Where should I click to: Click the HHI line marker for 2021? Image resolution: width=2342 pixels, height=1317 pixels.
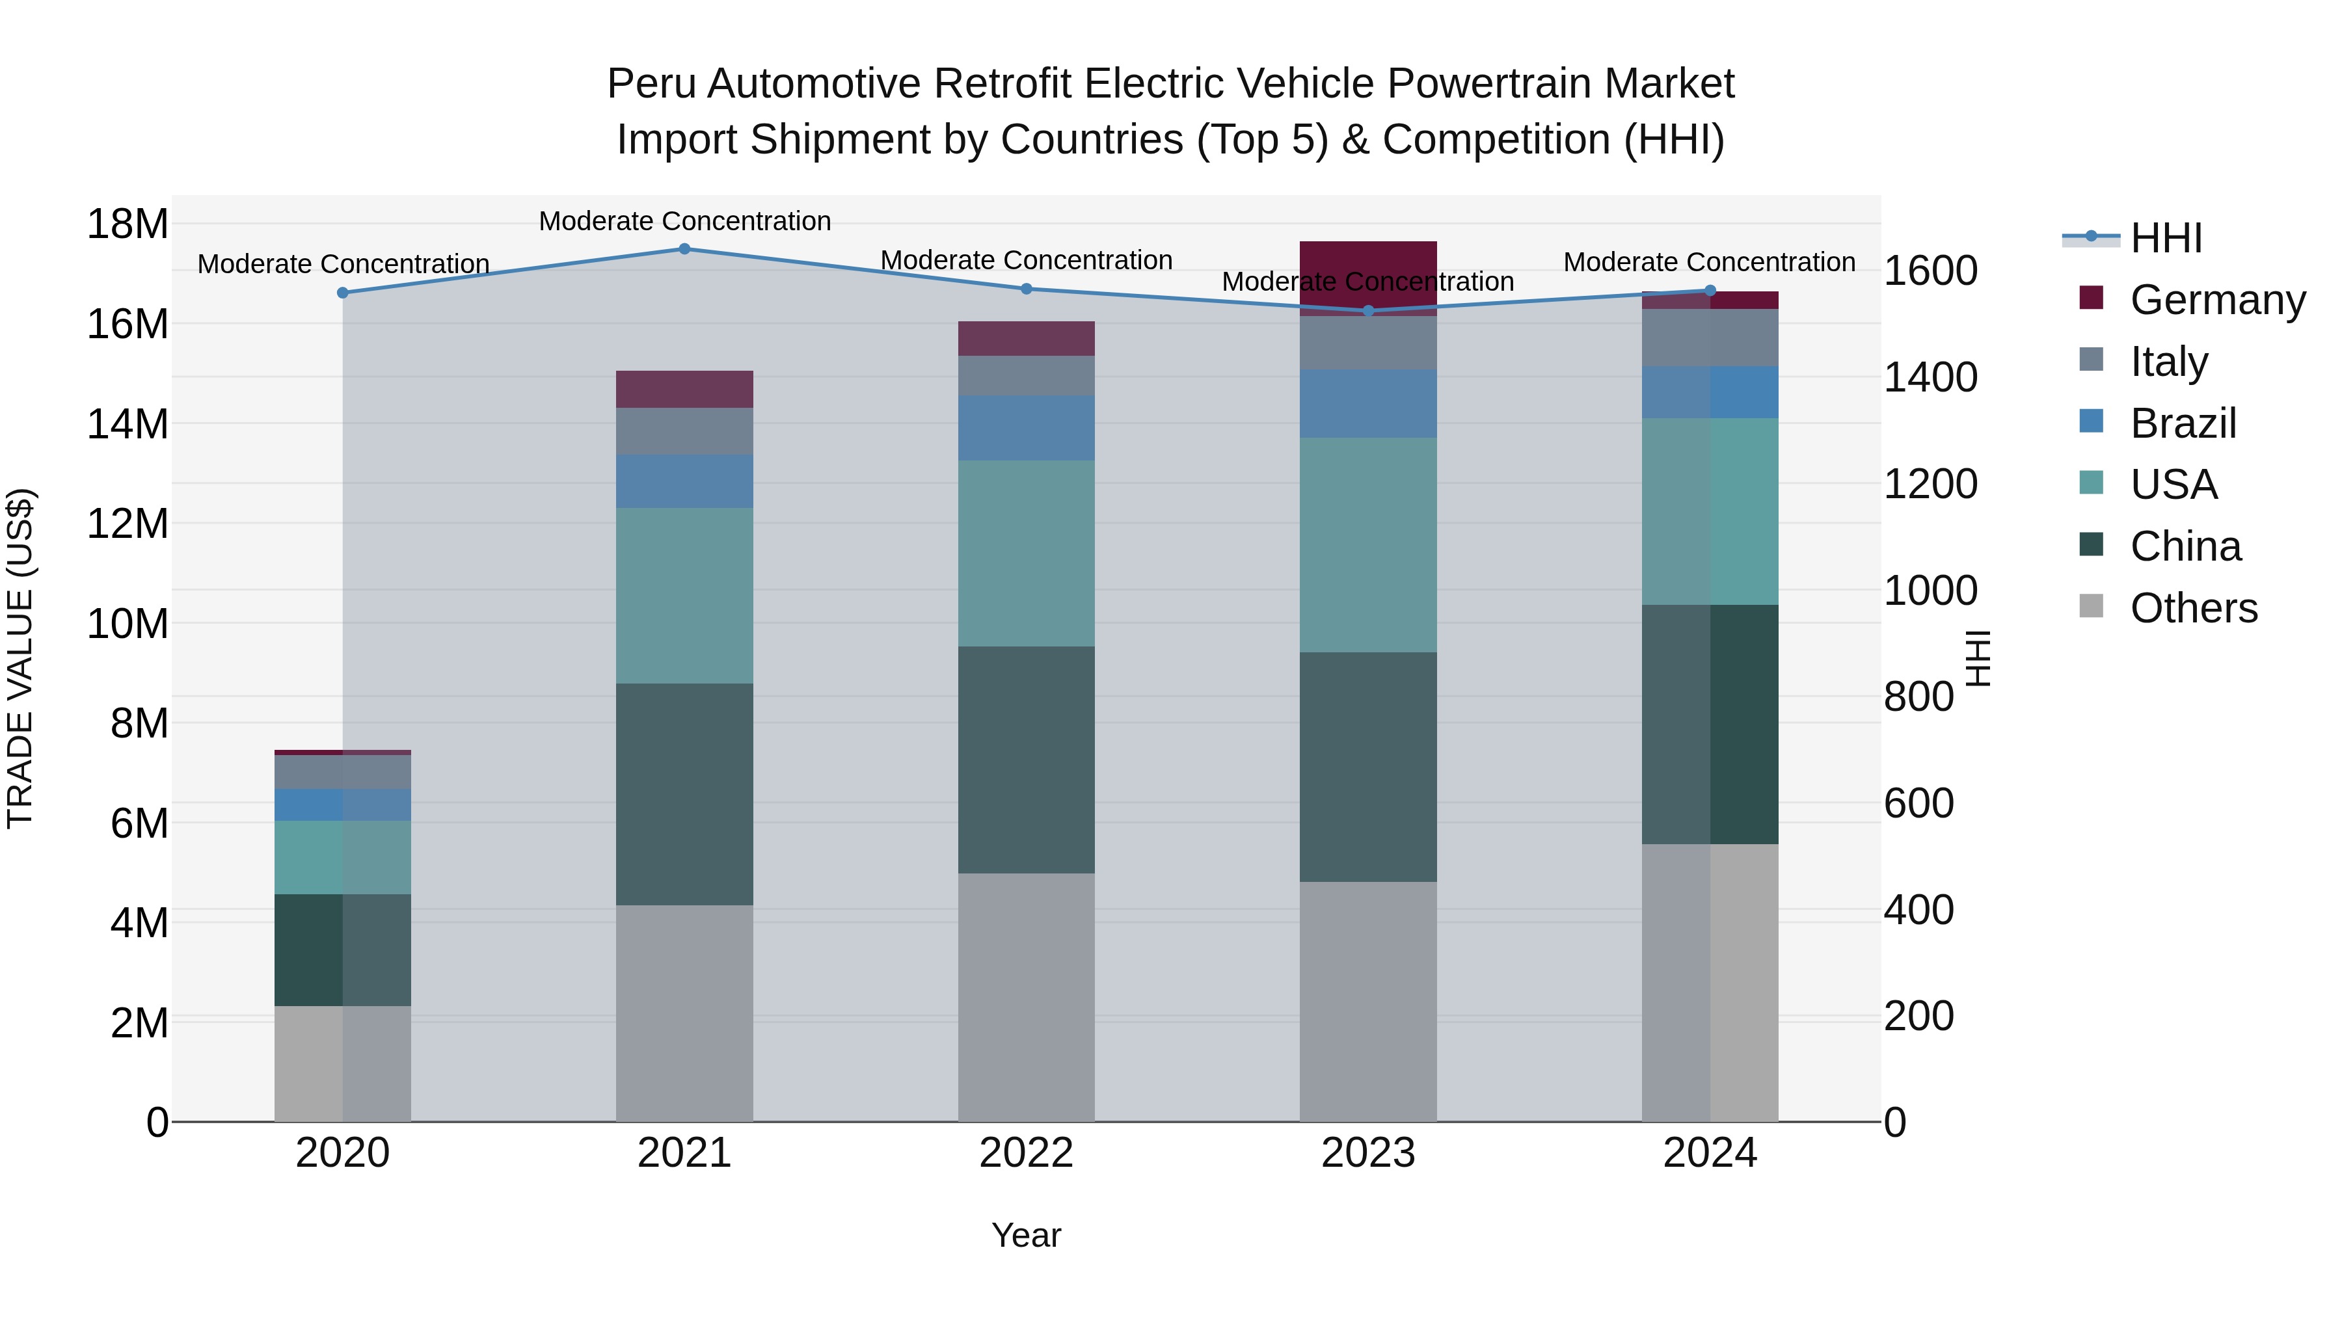coord(684,249)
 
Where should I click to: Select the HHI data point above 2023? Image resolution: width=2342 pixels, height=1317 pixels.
coord(1368,311)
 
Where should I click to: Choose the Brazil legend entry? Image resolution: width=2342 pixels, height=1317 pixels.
coord(2182,423)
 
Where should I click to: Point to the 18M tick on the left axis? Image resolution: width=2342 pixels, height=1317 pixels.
coord(128,224)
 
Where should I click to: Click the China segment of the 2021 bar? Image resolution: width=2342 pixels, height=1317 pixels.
coord(684,793)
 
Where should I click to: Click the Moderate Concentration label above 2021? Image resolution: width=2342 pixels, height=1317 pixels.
coord(684,221)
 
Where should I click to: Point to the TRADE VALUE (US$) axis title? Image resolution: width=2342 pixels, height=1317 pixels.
coord(20,658)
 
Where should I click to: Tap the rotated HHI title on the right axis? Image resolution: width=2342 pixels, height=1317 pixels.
coord(1978,658)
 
